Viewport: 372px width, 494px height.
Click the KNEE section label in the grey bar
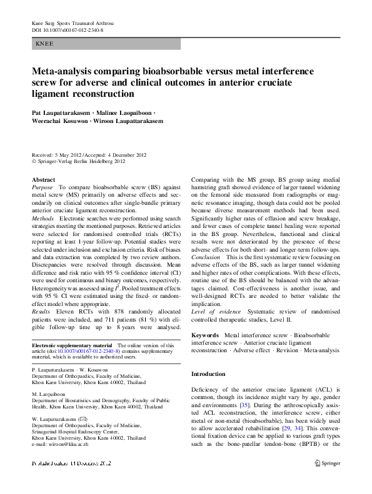coord(44,44)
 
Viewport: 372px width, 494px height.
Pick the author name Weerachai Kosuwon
coord(62,121)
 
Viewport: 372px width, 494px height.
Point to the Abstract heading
coord(43,179)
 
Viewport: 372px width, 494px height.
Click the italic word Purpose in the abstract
coord(43,187)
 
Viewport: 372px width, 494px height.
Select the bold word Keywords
coord(205,335)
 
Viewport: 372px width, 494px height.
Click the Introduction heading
coord(208,373)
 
